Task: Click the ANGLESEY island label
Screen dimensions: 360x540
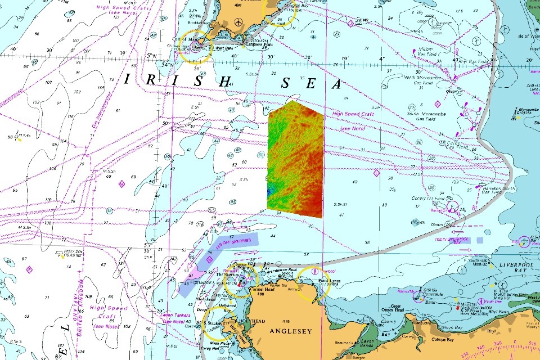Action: tap(290, 331)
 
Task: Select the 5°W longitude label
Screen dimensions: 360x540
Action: tap(151, 56)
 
